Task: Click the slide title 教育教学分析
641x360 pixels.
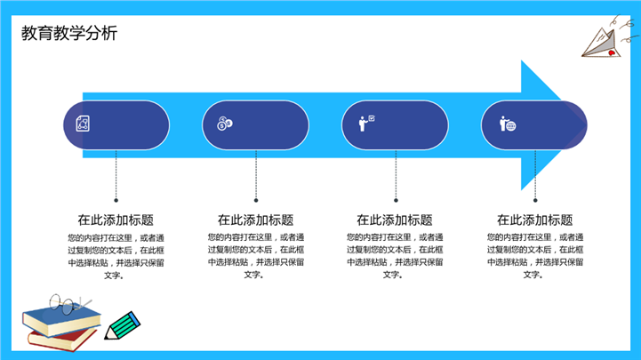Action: [69, 33]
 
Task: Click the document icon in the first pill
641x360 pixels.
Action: [83, 123]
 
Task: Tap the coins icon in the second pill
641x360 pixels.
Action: [224, 124]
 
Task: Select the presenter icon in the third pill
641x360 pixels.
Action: [366, 123]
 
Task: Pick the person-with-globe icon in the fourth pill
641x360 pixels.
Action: [508, 124]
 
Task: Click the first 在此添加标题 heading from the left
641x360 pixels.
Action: [116, 220]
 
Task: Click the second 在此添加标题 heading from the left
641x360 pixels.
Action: [255, 220]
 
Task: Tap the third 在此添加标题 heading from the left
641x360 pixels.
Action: [395, 220]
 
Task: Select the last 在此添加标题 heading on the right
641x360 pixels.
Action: [534, 220]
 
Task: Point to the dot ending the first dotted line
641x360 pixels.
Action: [116, 200]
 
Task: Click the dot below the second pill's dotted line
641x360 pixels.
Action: [256, 200]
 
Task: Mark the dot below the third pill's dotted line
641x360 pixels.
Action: [396, 200]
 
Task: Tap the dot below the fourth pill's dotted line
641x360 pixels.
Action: [535, 200]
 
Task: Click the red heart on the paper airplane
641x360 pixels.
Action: [612, 52]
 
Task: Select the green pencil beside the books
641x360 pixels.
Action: [122, 325]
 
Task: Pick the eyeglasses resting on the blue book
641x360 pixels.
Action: [68, 304]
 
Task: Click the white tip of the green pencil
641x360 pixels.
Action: [108, 334]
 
